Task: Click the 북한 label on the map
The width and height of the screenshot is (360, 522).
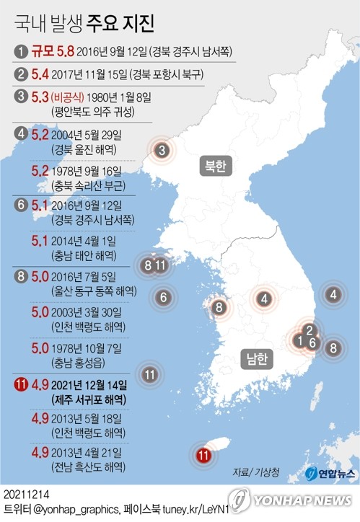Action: (215, 166)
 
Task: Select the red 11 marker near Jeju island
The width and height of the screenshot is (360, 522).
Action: (203, 455)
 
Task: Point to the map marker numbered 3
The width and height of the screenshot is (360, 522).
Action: (163, 151)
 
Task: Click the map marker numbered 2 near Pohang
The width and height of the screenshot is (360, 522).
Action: (309, 331)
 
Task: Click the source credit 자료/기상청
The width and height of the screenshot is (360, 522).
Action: (256, 473)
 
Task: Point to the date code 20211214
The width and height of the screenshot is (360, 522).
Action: (26, 495)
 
